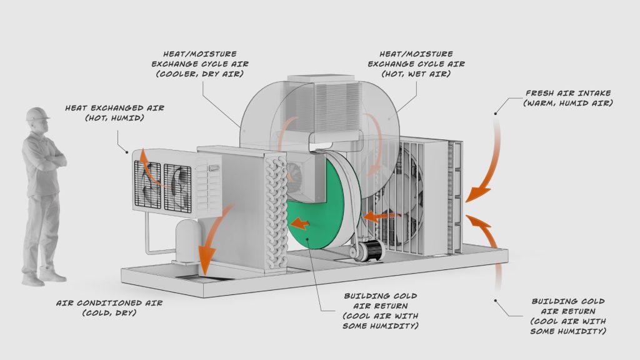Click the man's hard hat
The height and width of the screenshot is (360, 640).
click(x=37, y=114)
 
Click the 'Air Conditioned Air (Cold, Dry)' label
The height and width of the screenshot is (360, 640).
click(x=109, y=307)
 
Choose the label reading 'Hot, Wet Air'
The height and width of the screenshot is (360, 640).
click(x=416, y=74)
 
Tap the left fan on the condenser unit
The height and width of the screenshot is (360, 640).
click(x=147, y=186)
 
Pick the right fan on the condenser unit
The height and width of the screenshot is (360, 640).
click(x=177, y=186)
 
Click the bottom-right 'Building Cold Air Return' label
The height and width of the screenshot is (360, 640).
click(x=568, y=315)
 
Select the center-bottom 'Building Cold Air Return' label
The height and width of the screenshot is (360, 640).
click(x=379, y=310)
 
